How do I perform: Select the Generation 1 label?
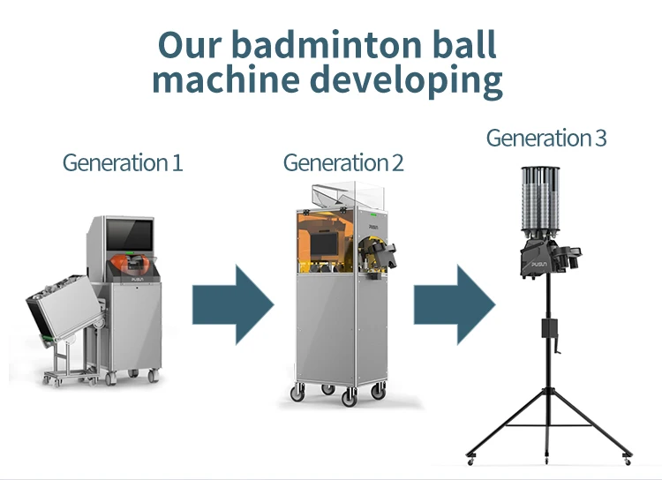122,163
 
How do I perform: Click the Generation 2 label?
342,163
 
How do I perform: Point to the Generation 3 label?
545,139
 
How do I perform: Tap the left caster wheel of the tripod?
471,459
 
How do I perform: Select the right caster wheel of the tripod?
626,459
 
